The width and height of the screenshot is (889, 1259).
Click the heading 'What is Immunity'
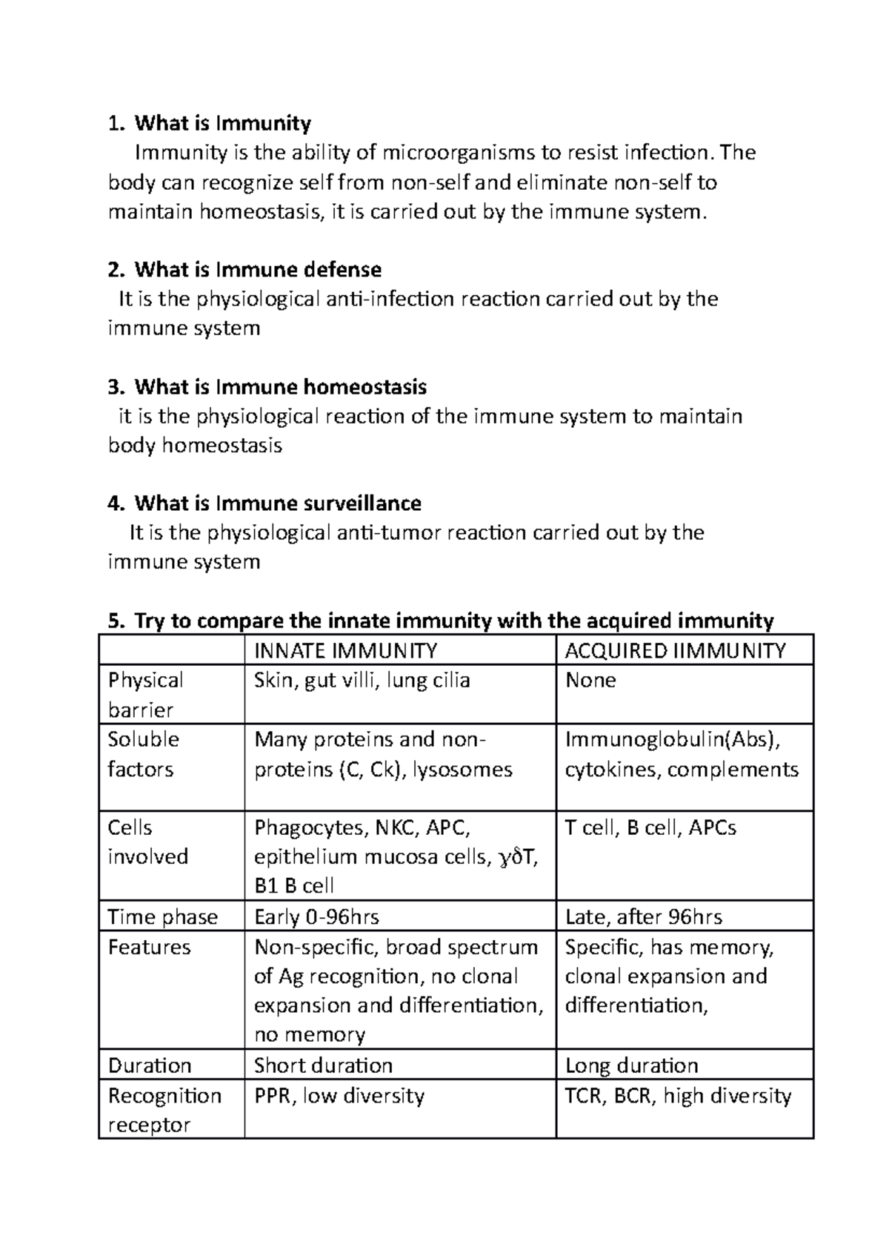tap(222, 123)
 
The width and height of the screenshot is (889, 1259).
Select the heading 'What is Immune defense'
tap(258, 269)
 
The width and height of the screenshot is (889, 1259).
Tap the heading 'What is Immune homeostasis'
tap(280, 387)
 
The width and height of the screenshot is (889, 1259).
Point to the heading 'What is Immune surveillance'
tap(278, 504)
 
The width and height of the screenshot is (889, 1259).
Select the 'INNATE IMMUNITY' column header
tap(345, 651)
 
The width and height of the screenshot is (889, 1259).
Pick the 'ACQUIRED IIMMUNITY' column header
tap(675, 651)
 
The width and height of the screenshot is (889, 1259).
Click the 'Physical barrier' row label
tap(146, 695)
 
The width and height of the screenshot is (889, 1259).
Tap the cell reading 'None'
tap(590, 681)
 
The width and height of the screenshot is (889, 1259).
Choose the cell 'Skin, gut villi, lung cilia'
tap(362, 681)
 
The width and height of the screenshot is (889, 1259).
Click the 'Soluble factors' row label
tap(144, 754)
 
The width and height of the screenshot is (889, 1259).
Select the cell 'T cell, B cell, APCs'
tap(650, 828)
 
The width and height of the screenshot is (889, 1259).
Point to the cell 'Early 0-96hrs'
tap(316, 917)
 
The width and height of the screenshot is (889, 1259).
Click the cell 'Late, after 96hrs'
tap(643, 917)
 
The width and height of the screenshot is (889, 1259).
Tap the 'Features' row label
tap(149, 948)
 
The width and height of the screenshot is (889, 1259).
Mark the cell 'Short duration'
tap(323, 1066)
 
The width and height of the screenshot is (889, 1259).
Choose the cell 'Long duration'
tap(631, 1066)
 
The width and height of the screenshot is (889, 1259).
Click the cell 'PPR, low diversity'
tap(339, 1096)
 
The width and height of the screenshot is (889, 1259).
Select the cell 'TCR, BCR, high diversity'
tap(678, 1096)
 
